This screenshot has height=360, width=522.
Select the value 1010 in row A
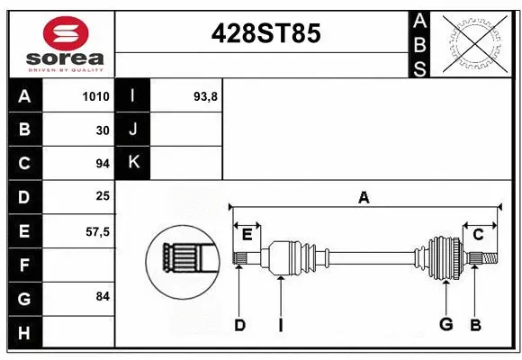pos(96,96)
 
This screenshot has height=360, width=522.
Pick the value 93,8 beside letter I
pos(206,96)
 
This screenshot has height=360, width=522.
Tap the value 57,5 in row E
pos(97,231)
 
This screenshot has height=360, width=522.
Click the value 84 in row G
pos(102,296)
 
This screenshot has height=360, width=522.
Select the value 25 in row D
pos(103,195)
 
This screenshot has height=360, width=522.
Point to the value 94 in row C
pos(103,164)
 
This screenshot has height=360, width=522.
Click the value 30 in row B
pos(103,130)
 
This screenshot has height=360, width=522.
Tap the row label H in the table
pos(23,333)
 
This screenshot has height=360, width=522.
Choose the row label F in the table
pos(23,265)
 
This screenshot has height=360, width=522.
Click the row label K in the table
pos(133,163)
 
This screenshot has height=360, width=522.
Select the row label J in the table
pos(133,130)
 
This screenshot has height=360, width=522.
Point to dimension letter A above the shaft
pos(364,197)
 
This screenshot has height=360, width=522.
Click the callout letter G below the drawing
pos(445,324)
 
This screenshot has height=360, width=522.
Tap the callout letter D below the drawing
pos(239,324)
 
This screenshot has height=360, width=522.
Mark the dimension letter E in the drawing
pos(247,235)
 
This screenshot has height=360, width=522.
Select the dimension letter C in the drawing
pos(479,235)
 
